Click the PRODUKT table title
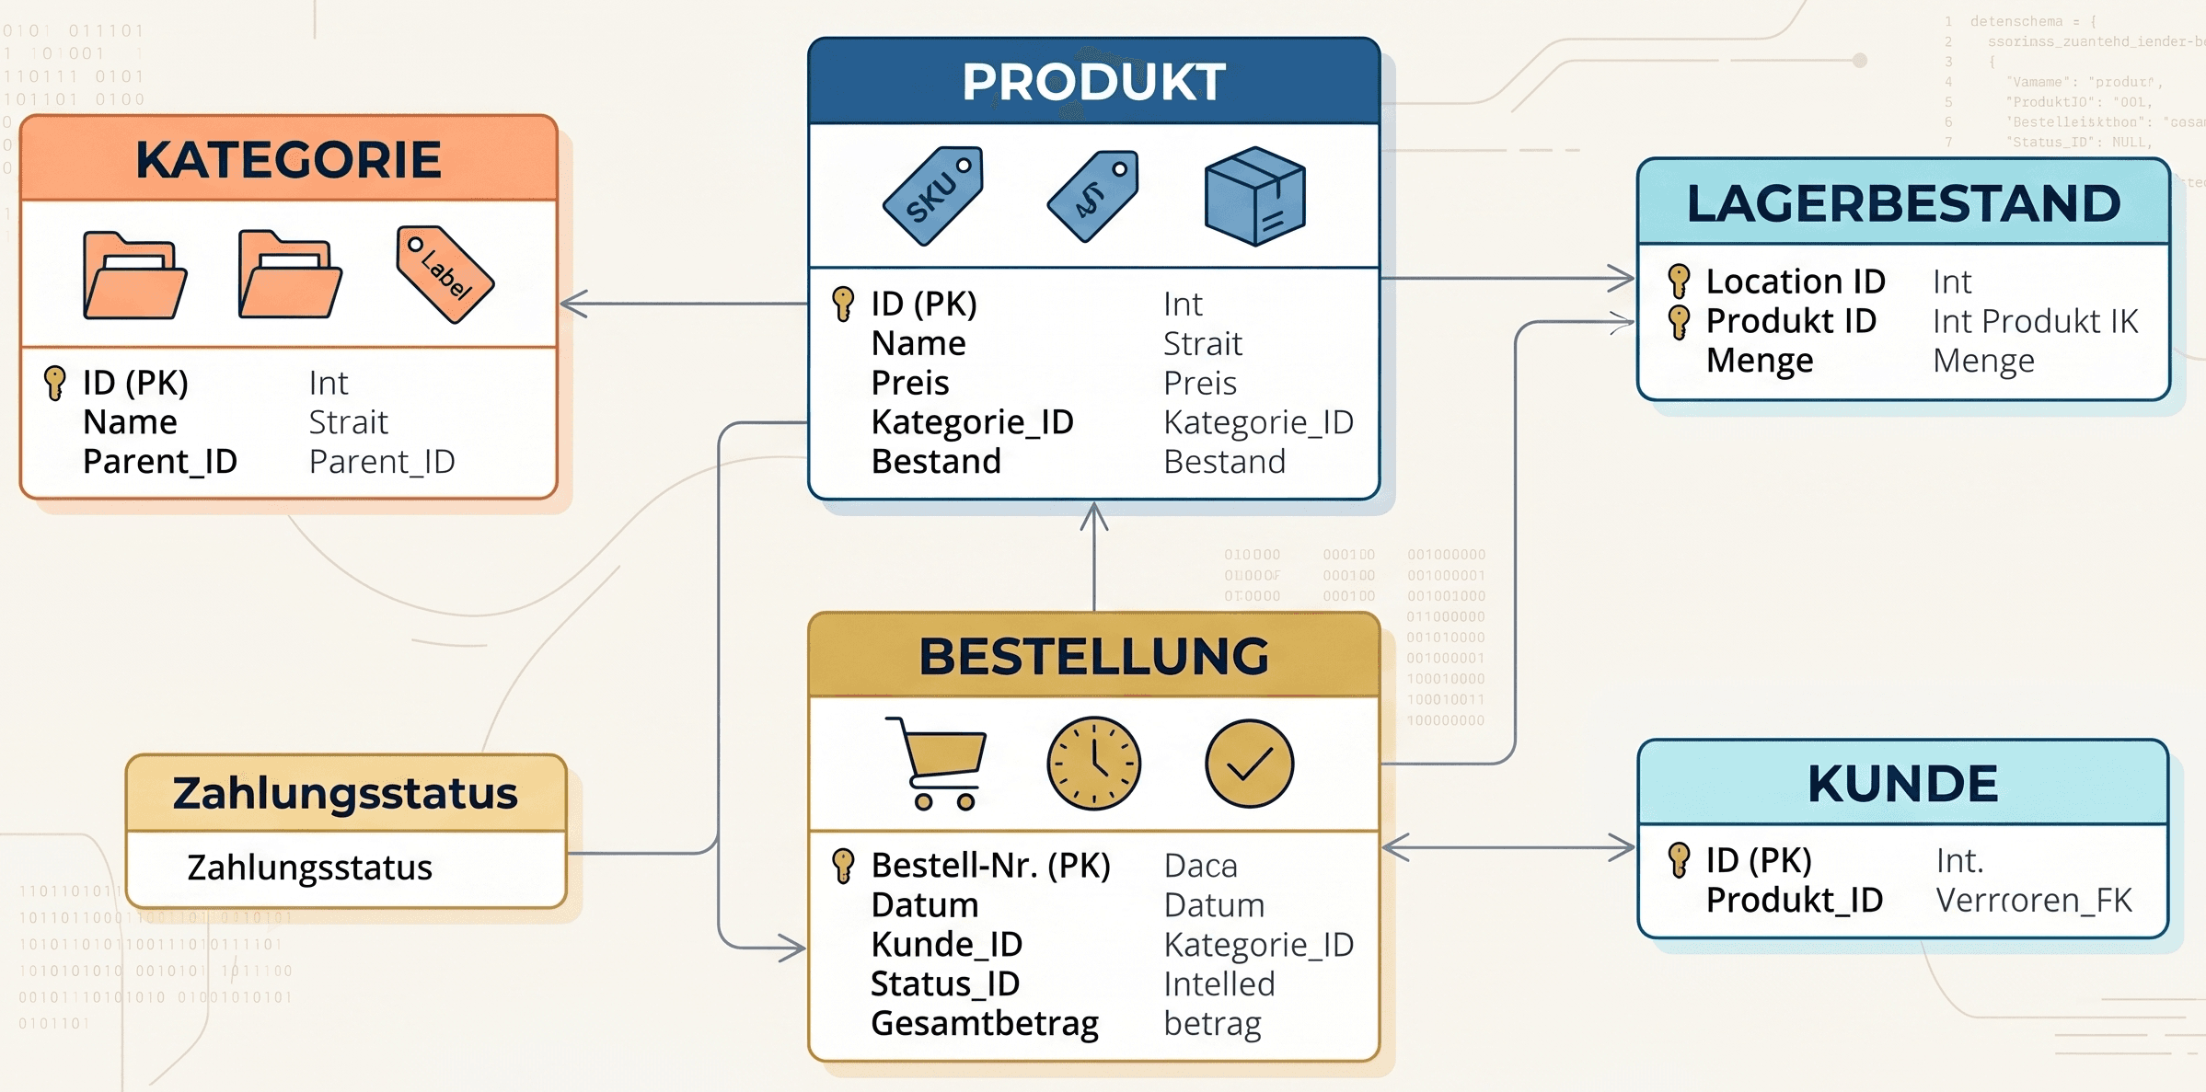coord(1093,82)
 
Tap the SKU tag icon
coord(933,196)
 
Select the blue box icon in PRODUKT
coord(1254,196)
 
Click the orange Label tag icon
coord(445,274)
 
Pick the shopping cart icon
coord(937,763)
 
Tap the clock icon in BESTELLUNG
coord(1093,763)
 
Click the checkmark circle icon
coord(1249,764)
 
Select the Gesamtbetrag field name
coord(985,1023)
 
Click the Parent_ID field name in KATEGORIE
coord(160,461)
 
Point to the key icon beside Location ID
coord(1679,281)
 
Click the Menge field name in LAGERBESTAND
coord(1760,360)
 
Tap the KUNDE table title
coord(1902,784)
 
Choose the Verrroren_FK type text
coord(2034,900)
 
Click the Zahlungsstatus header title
coord(345,793)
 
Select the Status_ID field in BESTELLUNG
coord(945,983)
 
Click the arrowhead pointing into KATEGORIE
coord(572,304)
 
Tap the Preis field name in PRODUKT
coord(910,382)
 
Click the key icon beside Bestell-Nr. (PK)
coord(842,866)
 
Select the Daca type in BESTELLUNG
coord(1200,866)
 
